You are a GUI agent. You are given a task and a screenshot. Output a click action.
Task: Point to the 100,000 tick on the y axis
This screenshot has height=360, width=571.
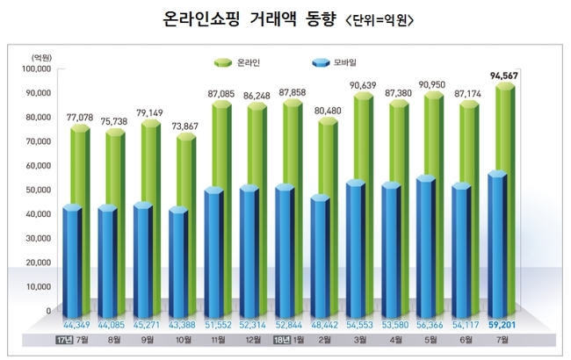(36, 68)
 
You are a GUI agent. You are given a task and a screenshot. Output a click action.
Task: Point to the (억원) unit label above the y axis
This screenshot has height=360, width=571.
(41, 56)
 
